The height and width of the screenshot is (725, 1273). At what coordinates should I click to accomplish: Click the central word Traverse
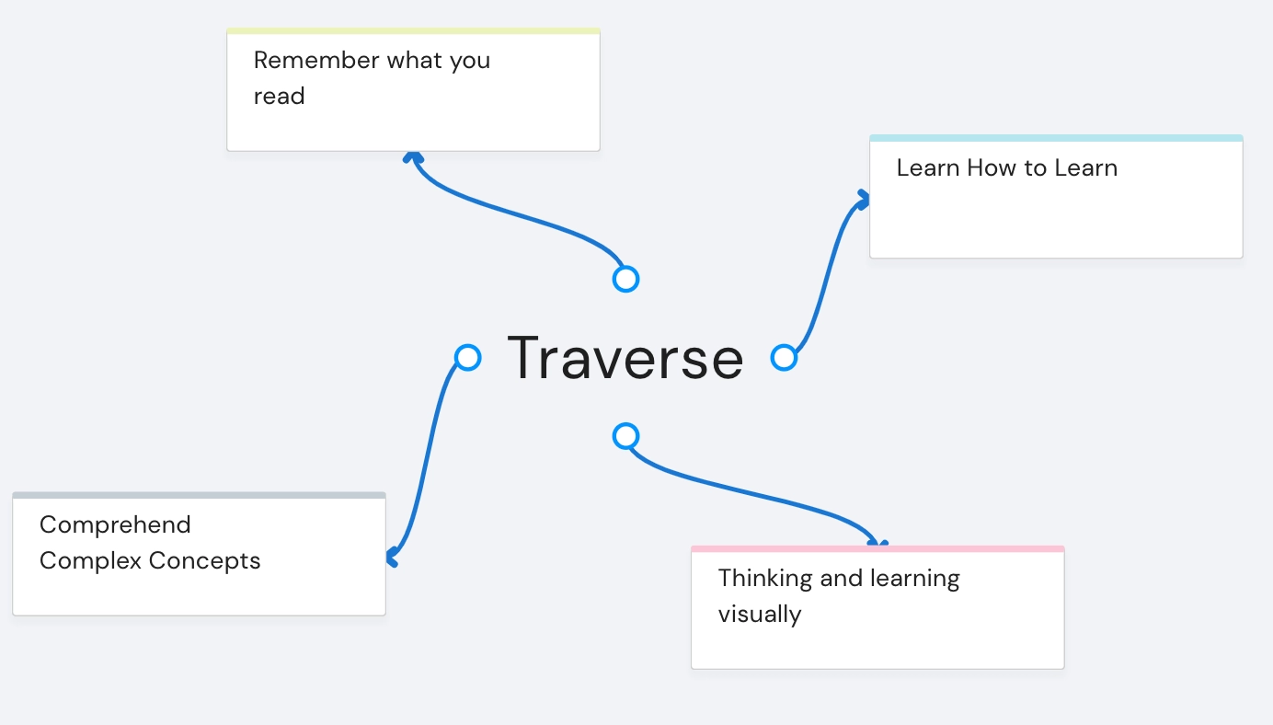pos(625,358)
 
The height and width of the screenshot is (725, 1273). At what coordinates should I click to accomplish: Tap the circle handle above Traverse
pos(625,279)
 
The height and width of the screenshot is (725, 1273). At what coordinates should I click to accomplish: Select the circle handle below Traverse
pos(625,435)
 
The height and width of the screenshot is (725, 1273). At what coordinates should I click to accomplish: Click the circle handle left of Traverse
pos(468,357)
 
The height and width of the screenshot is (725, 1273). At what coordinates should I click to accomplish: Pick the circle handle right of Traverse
pos(784,357)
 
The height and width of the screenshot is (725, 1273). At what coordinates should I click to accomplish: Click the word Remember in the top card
pos(316,61)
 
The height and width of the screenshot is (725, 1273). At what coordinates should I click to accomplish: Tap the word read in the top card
pos(279,97)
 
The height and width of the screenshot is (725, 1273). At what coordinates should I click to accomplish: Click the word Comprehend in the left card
pos(115,525)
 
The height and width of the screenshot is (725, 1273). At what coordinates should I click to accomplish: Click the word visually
pos(759,615)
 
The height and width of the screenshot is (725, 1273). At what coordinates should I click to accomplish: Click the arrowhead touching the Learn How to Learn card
pos(863,198)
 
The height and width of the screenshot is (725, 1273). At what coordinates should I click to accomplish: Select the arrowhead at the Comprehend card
pos(392,558)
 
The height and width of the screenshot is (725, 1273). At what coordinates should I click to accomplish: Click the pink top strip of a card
pos(877,549)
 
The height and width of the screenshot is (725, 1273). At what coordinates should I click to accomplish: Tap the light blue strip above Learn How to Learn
pos(1056,139)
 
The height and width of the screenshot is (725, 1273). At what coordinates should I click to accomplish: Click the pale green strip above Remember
pos(413,31)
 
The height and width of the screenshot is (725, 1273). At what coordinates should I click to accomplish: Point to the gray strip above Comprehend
pos(199,496)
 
